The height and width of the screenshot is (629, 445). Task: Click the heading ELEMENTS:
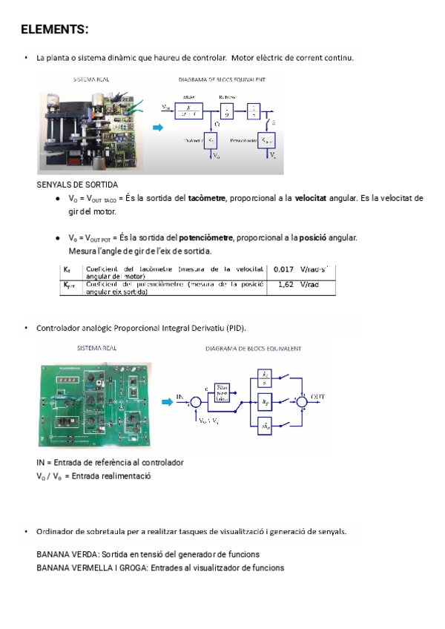54,30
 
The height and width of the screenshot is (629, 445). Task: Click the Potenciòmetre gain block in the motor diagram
265,139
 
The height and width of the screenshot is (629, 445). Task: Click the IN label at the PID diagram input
180,398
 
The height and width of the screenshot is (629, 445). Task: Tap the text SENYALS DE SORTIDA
77,184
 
